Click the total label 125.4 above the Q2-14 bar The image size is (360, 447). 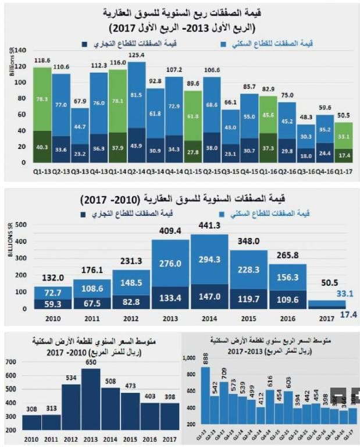pyautogui.click(x=137, y=55)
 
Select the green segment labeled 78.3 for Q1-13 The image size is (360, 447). pyautogui.click(x=42, y=99)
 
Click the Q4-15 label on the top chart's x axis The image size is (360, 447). pyautogui.click(x=249, y=171)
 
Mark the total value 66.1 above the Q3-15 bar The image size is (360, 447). pyautogui.click(x=231, y=102)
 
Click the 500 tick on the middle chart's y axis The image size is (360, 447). pyautogui.click(x=22, y=224)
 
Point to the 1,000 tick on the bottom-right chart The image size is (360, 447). pyautogui.click(x=190, y=359)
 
